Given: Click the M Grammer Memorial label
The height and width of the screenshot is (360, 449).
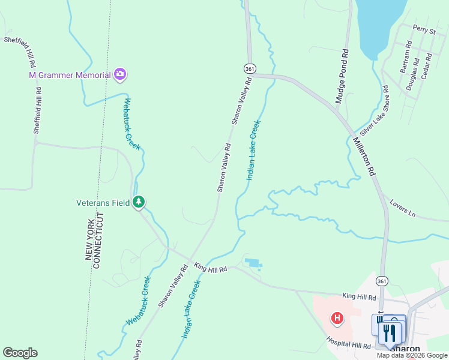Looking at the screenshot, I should tap(70, 75).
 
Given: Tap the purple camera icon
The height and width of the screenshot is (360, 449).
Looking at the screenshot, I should tap(120, 74).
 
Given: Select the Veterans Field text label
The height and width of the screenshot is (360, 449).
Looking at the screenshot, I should tap(103, 203).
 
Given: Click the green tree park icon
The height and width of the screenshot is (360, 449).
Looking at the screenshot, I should tap(139, 202).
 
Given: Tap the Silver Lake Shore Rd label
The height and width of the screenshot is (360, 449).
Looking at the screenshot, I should tap(375, 110).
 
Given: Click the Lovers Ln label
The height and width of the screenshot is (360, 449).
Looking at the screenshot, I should tap(402, 207).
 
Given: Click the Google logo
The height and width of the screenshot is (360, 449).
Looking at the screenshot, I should tap(20, 353).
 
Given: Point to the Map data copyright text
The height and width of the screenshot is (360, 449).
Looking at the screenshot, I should tap(412, 355).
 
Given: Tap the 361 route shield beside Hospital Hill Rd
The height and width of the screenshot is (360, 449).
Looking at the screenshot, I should tap(382, 280).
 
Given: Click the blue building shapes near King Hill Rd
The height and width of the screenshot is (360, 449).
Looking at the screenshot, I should tap(253, 263).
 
